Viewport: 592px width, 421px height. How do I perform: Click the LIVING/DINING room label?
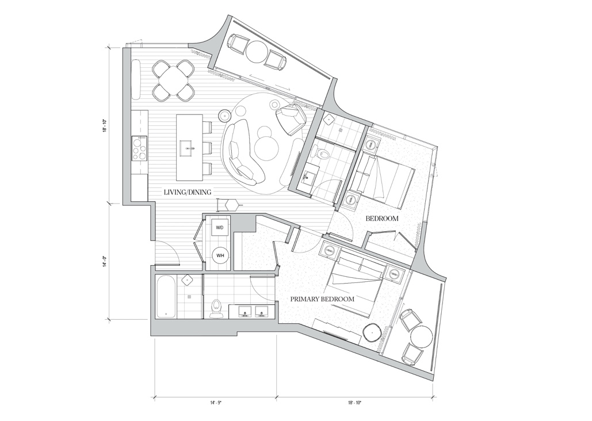(x=188, y=192)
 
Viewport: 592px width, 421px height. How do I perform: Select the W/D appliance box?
(x=219, y=228)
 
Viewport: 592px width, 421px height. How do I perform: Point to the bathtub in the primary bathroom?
(x=166, y=297)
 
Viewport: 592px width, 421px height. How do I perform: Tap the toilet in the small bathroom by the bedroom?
(x=321, y=155)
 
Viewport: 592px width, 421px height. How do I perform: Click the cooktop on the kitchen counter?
(x=139, y=149)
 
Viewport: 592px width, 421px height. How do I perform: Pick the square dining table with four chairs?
(x=173, y=81)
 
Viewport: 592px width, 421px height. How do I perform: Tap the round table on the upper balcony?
(x=257, y=52)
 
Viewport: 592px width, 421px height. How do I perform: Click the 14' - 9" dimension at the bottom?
(x=216, y=403)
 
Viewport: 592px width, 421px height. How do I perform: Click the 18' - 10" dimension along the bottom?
(x=355, y=403)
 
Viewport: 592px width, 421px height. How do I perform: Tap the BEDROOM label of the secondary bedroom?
(x=382, y=218)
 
